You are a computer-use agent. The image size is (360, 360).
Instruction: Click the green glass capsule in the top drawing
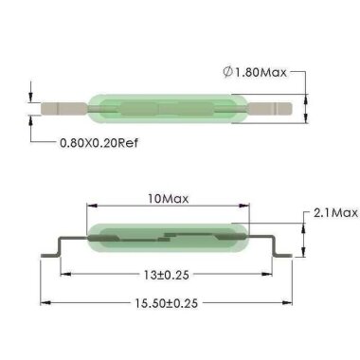(169, 107)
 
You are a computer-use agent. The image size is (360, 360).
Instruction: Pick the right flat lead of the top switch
(275, 107)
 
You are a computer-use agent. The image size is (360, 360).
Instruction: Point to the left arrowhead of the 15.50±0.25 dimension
(42, 305)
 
